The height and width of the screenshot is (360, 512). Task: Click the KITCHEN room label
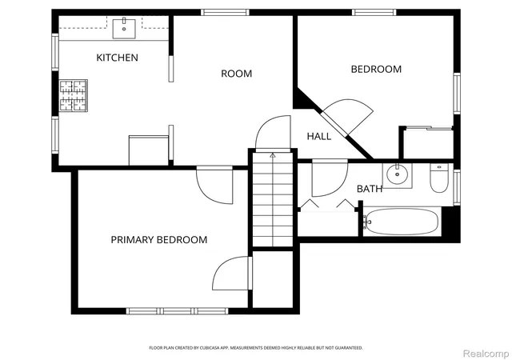(x=118, y=58)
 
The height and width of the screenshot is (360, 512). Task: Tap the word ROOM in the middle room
(x=237, y=74)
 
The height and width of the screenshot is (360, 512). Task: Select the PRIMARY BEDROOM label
(x=159, y=240)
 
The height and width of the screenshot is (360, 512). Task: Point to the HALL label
(x=319, y=136)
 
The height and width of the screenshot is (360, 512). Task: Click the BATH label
(x=370, y=189)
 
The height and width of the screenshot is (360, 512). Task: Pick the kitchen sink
(x=124, y=29)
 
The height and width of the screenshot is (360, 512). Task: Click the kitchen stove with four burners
(x=73, y=95)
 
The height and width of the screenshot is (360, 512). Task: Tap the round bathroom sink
(x=398, y=174)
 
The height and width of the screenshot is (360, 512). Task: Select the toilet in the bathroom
(x=439, y=178)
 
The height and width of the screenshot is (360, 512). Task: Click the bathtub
(x=401, y=222)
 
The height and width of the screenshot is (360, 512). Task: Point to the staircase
(x=273, y=199)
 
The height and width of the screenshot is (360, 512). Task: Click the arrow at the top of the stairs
(x=273, y=155)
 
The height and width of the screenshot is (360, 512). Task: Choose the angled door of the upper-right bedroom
(x=346, y=117)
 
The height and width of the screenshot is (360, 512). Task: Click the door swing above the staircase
(x=273, y=132)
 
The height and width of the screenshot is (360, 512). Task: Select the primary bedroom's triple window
(x=178, y=311)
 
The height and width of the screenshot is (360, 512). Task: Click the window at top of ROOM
(x=225, y=13)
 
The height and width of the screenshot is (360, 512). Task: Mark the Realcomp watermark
(x=486, y=354)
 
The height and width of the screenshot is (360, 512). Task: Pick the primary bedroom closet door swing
(x=232, y=274)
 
